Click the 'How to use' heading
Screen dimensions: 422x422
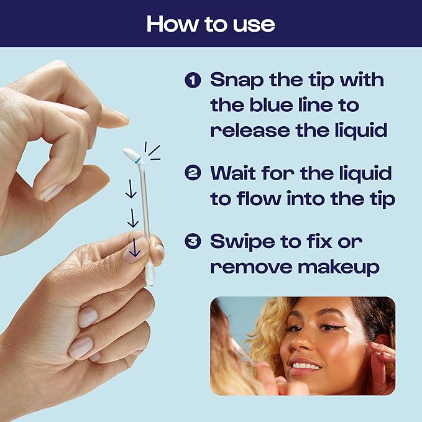(211, 24)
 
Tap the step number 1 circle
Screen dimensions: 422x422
(193, 81)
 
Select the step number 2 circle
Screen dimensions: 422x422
(193, 172)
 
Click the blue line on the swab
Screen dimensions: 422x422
(137, 160)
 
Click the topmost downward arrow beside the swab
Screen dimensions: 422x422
(131, 189)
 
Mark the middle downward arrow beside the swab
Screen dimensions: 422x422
(132, 218)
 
